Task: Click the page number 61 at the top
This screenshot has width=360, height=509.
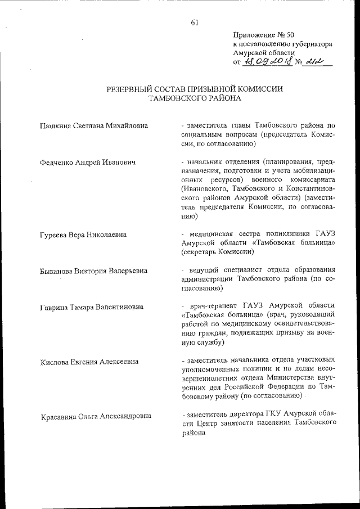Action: click(x=195, y=22)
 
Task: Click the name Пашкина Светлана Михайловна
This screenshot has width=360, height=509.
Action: click(x=94, y=125)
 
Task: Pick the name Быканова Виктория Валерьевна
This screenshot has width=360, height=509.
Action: click(x=94, y=271)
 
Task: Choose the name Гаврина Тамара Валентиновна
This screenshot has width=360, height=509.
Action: click(x=92, y=307)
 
